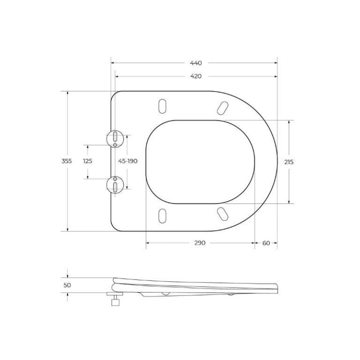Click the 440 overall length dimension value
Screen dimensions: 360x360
[x=195, y=63]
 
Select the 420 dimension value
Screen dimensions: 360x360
[x=195, y=76]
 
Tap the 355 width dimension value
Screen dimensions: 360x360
[x=67, y=162]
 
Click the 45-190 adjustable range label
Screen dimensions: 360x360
[x=127, y=162]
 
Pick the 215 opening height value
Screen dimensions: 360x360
[x=289, y=162]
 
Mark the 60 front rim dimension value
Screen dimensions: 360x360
[x=265, y=243]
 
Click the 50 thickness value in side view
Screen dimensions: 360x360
[x=67, y=285]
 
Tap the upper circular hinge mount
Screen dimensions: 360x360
[x=115, y=138]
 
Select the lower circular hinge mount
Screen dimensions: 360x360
[x=115, y=185]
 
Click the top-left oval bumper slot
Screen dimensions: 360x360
[x=162, y=105]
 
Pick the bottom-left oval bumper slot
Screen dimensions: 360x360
[x=162, y=215]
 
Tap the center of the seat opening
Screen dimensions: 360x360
[x=200, y=162]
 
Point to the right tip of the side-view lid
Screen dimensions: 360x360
[x=277, y=286]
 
